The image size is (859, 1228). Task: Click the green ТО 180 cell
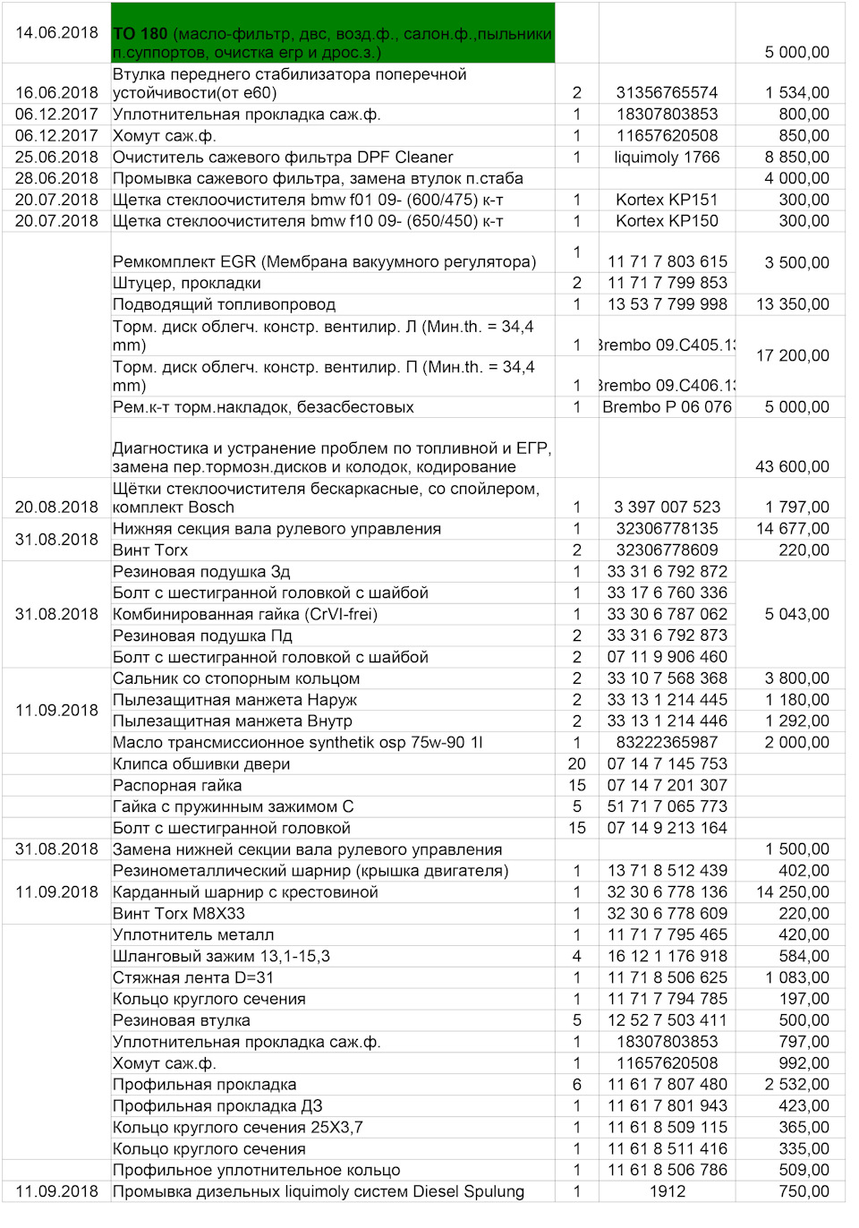point(332,34)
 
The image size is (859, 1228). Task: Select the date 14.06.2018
point(56,32)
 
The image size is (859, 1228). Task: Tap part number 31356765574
point(667,92)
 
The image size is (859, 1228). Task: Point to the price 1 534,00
point(796,92)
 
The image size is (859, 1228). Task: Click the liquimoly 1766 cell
point(667,157)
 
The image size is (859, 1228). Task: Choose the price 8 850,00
point(796,157)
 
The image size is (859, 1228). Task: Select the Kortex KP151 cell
point(667,200)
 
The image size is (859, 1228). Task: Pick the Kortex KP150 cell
point(667,221)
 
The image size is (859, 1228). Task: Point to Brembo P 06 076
point(667,406)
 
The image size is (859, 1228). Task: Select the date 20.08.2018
point(56,507)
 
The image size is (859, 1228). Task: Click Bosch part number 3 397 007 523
point(667,507)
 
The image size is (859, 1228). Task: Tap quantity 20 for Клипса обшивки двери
point(577,763)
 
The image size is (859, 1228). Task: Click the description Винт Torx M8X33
point(179,913)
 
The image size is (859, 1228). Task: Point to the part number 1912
point(667,1191)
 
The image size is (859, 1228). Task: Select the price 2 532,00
point(796,1084)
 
